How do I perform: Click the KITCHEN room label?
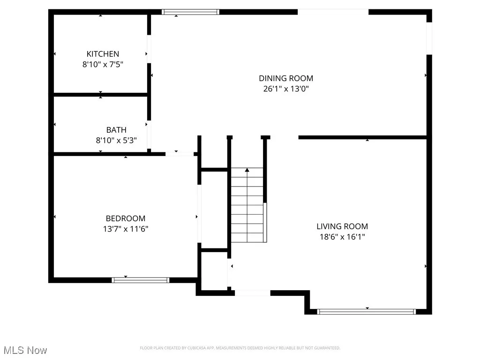(x=103, y=54)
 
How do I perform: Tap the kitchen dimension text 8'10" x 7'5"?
(x=103, y=65)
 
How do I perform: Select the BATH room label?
(x=116, y=130)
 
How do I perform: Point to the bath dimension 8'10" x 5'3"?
(x=116, y=140)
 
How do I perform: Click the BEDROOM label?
(x=125, y=218)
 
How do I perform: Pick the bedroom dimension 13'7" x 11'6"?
(x=125, y=229)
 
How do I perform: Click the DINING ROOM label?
(x=286, y=78)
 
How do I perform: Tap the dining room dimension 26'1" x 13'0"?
(x=286, y=89)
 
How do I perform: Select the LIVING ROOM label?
(x=342, y=226)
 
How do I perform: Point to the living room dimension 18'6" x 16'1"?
(x=342, y=237)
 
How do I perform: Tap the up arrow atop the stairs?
(x=247, y=171)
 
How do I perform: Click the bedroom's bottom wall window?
(x=140, y=280)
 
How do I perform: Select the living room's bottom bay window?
(x=367, y=311)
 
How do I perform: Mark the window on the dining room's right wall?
(x=428, y=38)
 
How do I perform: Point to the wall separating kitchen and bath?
(x=101, y=95)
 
